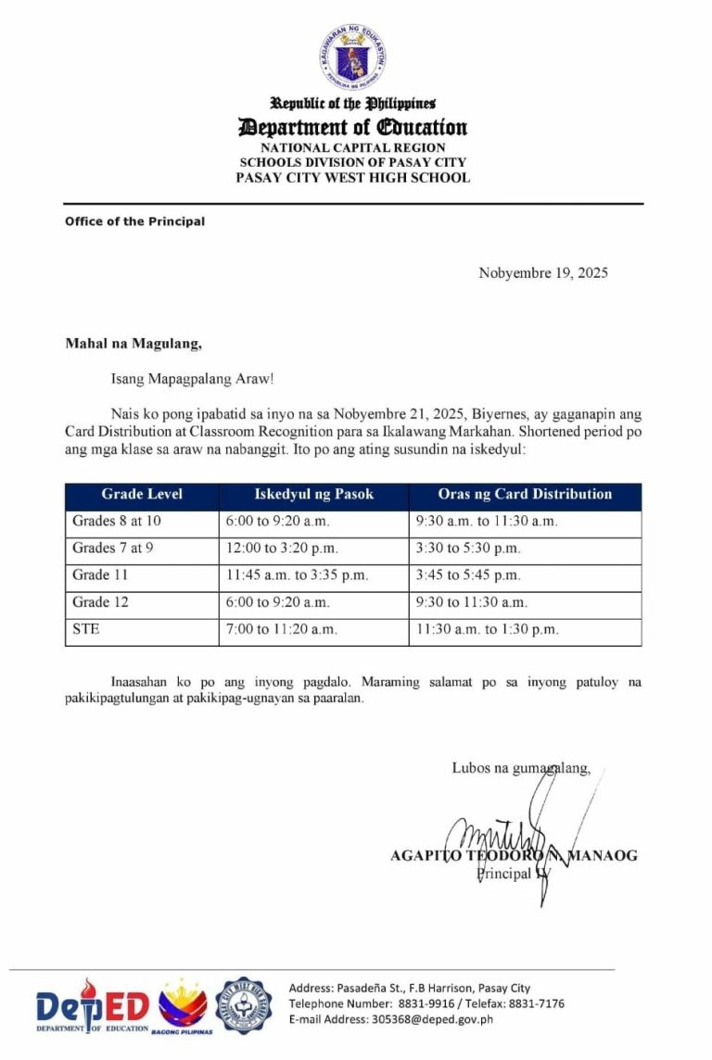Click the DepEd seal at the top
coord(352,55)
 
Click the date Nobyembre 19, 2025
coord(543,272)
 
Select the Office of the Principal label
coord(134,221)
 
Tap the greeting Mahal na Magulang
coord(133,344)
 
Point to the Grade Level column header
coord(142,494)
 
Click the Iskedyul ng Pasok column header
coord(313,494)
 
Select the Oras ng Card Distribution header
coord(525,494)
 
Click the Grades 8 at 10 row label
coord(117,522)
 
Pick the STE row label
coord(86,629)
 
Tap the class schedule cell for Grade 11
coord(297,575)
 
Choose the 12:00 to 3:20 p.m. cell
coord(280,549)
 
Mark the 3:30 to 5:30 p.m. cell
coord(469,549)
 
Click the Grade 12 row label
coord(100,602)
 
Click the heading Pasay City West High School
coord(352,178)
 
